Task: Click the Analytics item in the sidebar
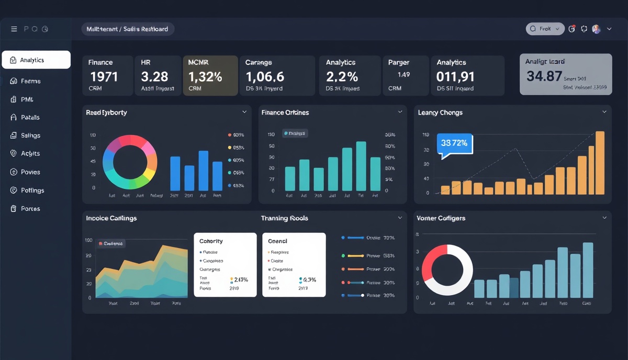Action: (x=36, y=60)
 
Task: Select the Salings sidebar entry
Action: (x=30, y=136)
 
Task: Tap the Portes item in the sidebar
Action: (x=30, y=209)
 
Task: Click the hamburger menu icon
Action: (x=14, y=29)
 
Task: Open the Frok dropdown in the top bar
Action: (x=545, y=29)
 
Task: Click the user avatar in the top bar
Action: (x=596, y=29)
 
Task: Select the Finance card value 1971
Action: (x=104, y=77)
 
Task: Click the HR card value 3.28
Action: (x=154, y=77)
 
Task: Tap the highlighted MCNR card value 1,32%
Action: (x=205, y=77)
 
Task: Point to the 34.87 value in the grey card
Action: (x=544, y=76)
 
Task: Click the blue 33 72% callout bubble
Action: (x=455, y=143)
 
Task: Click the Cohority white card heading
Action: (x=211, y=241)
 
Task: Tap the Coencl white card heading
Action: (x=277, y=241)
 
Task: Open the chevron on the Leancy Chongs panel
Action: (x=604, y=112)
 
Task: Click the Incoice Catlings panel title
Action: (x=111, y=218)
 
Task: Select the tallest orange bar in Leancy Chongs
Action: (x=600, y=163)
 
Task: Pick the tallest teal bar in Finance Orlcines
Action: (x=361, y=166)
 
